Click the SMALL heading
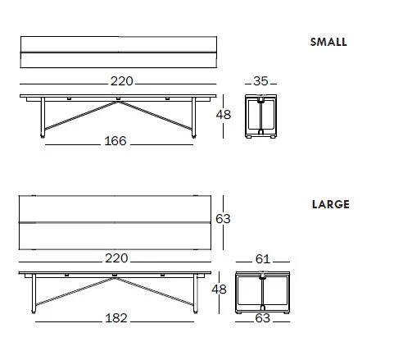coord(328,42)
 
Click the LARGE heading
coord(331,204)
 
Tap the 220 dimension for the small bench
coord(122,81)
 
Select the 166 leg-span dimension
coord(115,141)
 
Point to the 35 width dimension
coord(260,81)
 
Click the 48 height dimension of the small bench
coord(224,115)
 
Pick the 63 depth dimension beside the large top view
coord(223,219)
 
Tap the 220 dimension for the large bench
coord(116,258)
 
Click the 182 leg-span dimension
coord(116,318)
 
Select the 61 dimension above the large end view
coord(263,259)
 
